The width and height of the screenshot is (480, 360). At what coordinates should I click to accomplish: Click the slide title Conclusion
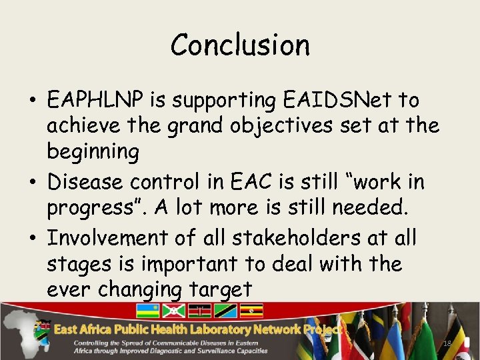pyautogui.click(x=240, y=45)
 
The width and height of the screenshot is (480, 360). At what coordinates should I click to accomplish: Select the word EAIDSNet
pyautogui.click(x=337, y=101)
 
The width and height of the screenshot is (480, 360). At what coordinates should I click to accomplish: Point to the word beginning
pyautogui.click(x=93, y=152)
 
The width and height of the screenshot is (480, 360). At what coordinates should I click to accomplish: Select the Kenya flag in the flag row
pyautogui.click(x=199, y=311)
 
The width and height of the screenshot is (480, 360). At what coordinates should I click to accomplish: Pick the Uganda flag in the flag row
pyautogui.click(x=252, y=311)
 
